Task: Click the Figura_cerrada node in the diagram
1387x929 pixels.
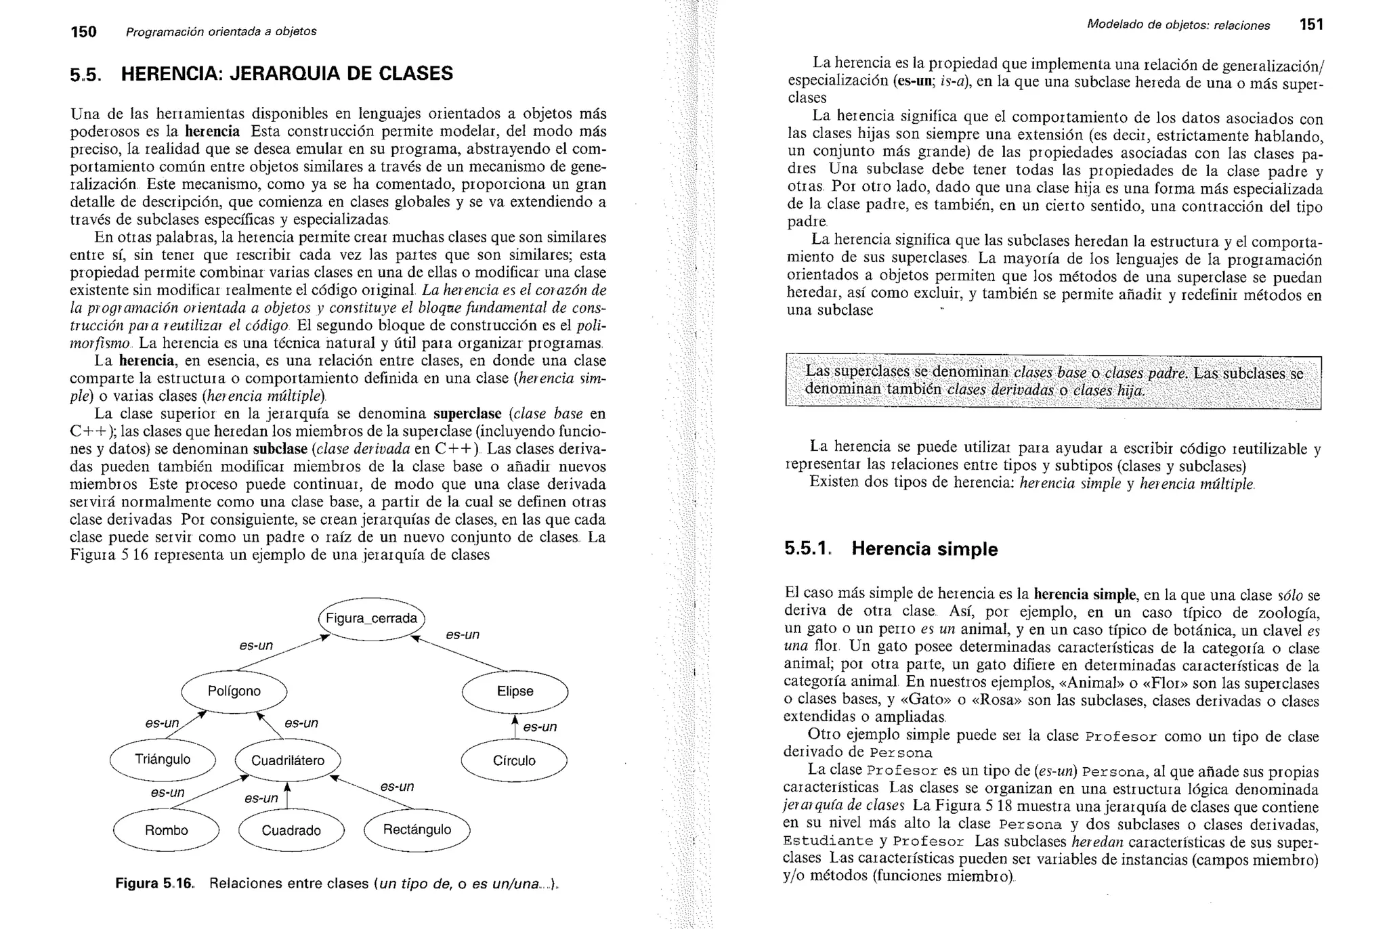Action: pos(371,619)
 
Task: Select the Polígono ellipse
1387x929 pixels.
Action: pos(234,691)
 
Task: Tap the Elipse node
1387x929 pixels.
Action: pos(515,691)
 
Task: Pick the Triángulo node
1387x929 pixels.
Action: pos(163,760)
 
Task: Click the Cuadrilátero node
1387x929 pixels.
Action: pos(288,761)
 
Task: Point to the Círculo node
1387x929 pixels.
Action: pos(514,761)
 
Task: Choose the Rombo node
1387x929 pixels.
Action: pos(166,831)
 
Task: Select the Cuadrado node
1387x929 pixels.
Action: pos(291,831)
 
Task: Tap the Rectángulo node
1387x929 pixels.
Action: pos(417,830)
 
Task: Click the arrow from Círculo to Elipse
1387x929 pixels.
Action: pos(515,727)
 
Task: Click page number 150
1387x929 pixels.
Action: pos(84,32)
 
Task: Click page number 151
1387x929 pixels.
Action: pos(1311,25)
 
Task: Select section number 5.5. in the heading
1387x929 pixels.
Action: pos(86,74)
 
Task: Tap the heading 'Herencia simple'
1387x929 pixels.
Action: pos(924,549)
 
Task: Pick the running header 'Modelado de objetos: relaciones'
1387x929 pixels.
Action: pos(1178,26)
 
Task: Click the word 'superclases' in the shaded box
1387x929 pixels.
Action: pos(872,372)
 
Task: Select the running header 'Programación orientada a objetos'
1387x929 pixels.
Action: pos(221,32)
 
